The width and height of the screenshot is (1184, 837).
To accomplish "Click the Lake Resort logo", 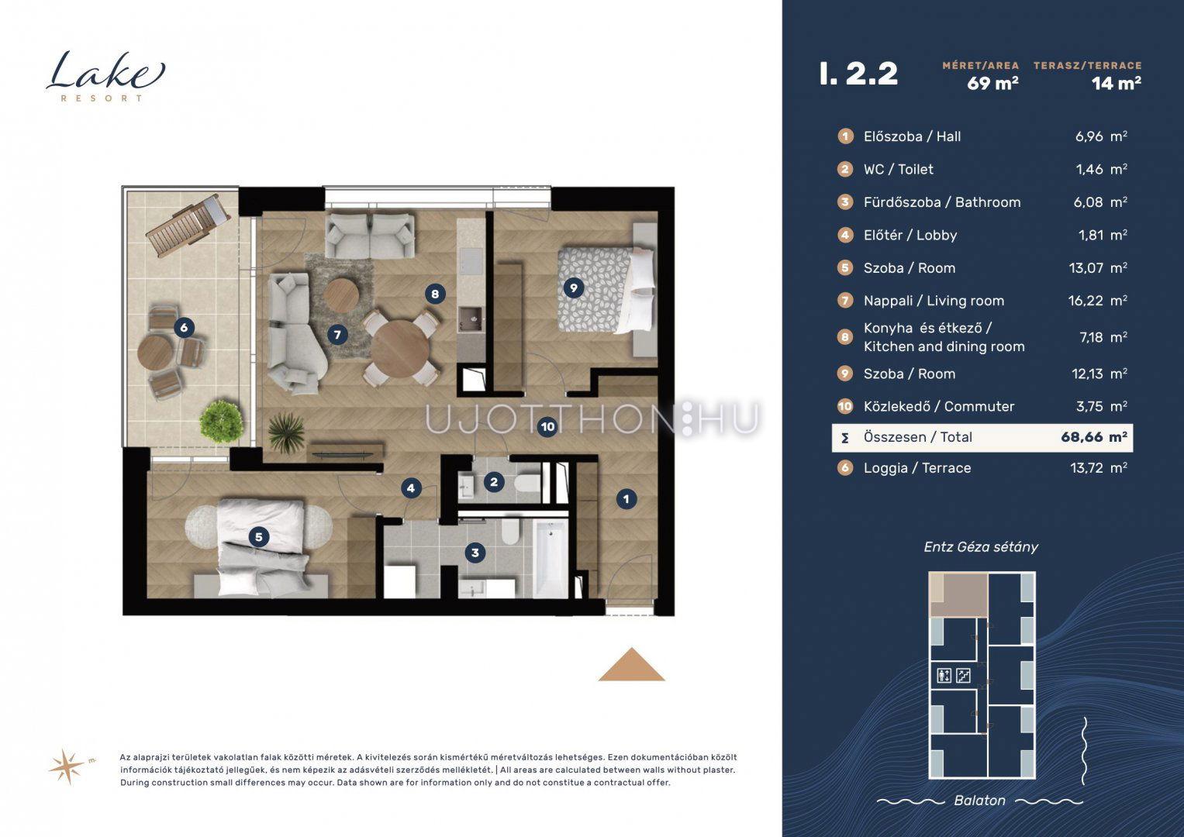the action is [105, 77].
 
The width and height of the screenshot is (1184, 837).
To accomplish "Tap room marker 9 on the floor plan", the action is [574, 288].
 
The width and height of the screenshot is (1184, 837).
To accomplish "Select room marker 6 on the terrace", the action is [184, 328].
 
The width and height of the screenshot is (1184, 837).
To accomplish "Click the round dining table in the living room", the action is [400, 350].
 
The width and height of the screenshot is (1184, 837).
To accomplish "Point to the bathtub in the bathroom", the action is [551, 559].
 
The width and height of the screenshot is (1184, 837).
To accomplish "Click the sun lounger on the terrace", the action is [188, 225].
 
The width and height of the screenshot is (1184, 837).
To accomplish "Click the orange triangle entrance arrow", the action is [631, 665].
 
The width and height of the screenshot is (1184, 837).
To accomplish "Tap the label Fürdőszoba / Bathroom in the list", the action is [942, 202].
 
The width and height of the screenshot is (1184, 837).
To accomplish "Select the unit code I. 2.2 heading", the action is [858, 74].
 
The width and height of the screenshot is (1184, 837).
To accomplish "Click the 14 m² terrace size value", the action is [1117, 84].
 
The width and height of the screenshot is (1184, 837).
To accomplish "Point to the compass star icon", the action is [67, 766].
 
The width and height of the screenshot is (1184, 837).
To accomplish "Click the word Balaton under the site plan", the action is [979, 801].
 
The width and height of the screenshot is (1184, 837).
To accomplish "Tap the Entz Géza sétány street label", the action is [981, 547].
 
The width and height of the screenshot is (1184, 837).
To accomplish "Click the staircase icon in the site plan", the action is [963, 675].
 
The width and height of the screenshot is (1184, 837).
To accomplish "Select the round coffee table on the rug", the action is [341, 295].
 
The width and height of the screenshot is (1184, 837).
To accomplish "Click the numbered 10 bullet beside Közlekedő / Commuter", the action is [844, 406].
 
